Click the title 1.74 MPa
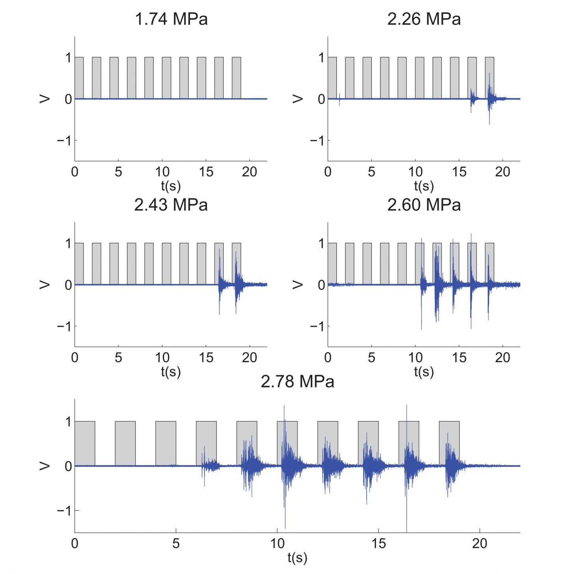point(171,19)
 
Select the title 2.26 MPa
point(424,19)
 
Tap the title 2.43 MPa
point(171,205)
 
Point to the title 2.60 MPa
point(424,205)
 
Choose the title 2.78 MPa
point(297,381)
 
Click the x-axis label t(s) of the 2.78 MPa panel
point(297,557)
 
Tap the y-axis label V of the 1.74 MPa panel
point(45,99)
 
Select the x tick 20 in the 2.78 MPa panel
point(480,544)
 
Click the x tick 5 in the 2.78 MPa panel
point(176,544)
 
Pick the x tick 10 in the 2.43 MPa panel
point(162,358)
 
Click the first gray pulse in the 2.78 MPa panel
point(85,443)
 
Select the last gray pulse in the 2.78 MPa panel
point(449,443)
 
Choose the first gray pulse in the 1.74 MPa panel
point(79,78)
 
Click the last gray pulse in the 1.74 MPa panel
point(236,78)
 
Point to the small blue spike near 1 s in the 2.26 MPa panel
point(339,99)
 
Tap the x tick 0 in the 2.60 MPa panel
point(328,358)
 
